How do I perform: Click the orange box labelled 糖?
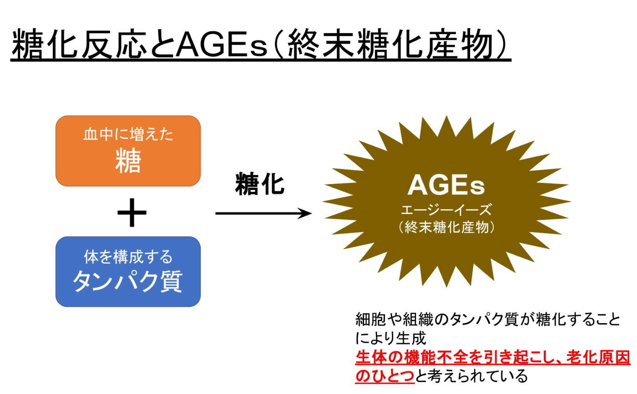[x=128, y=151]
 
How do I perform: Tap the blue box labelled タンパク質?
[x=128, y=272]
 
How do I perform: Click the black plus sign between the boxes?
[x=132, y=213]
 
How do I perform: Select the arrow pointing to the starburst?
[x=263, y=213]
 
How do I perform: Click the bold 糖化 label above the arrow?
[x=260, y=184]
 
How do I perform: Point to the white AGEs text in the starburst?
[x=446, y=185]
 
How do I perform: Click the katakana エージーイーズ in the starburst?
[x=446, y=210]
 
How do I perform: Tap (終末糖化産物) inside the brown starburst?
[x=446, y=227]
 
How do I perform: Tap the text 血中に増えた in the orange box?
[x=128, y=135]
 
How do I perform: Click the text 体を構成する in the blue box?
[x=128, y=256]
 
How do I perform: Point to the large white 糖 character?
[x=128, y=160]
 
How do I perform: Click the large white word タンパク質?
[x=128, y=281]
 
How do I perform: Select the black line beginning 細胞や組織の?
[x=488, y=319]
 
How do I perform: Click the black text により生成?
[x=391, y=338]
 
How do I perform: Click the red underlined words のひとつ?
[x=385, y=376]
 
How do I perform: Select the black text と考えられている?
[x=471, y=376]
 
